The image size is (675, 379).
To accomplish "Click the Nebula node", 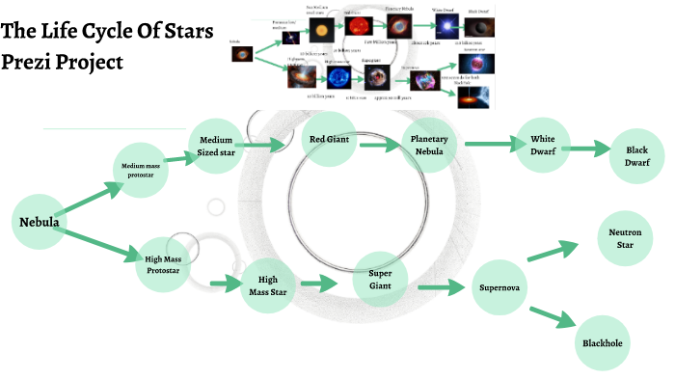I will [x=40, y=223].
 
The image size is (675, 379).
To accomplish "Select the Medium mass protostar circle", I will [x=147, y=172].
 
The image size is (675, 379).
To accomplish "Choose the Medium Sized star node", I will [x=217, y=144].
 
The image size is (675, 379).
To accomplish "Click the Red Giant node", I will [x=329, y=140].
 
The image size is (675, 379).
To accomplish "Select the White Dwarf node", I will [x=544, y=145].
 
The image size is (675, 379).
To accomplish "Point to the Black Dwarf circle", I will [x=637, y=156].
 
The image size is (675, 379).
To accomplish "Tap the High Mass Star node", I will [x=267, y=285].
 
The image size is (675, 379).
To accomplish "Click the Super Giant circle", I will [x=380, y=280].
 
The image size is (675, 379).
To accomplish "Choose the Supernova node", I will [x=499, y=287].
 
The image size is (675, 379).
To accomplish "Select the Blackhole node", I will [x=604, y=341].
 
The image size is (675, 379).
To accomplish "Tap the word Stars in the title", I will [x=183, y=31].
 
